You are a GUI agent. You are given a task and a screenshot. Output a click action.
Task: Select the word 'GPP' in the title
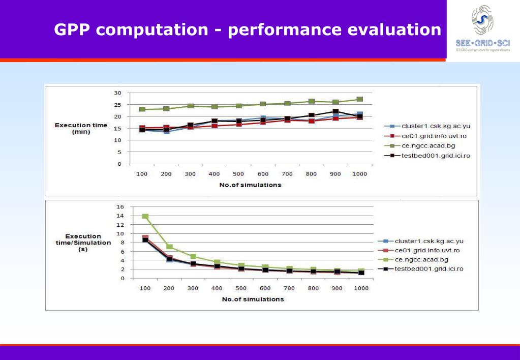(x=72, y=29)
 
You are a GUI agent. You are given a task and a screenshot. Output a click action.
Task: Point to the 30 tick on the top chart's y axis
(x=118, y=93)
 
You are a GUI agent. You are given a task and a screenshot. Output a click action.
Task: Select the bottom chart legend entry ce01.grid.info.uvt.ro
(x=427, y=250)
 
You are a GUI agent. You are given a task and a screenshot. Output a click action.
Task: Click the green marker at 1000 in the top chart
(x=360, y=99)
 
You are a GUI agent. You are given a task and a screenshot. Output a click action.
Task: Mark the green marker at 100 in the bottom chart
(x=145, y=216)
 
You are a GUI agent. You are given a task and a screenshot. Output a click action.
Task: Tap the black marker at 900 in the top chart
(x=335, y=111)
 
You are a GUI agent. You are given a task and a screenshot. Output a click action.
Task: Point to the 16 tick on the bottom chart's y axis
(x=120, y=207)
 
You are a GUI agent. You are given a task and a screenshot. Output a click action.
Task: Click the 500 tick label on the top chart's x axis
(x=239, y=174)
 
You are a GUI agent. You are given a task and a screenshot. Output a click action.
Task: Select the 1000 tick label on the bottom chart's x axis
(x=361, y=288)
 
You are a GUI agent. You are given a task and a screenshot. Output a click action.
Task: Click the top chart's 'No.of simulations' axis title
(x=250, y=185)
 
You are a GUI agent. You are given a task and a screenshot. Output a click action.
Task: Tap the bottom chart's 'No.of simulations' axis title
(x=253, y=299)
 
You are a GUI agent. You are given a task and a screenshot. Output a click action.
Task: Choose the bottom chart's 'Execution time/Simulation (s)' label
(x=83, y=243)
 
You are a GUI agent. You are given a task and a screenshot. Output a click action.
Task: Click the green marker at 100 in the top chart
(x=142, y=109)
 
